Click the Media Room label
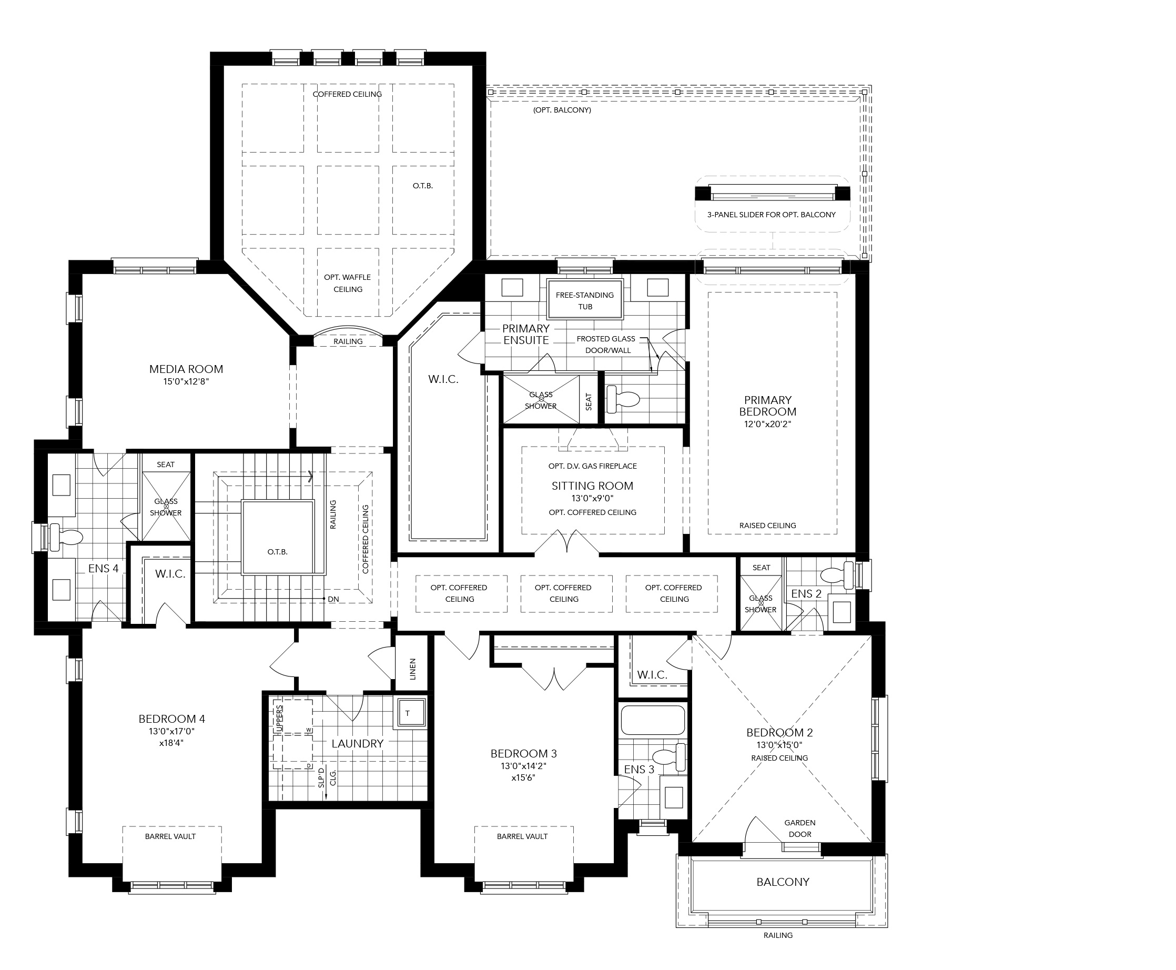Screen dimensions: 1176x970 tap(186, 369)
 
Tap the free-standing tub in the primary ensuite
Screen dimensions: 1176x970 tap(584, 299)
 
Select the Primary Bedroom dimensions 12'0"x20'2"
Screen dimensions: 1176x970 tap(768, 424)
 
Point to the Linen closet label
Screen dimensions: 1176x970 tap(413, 669)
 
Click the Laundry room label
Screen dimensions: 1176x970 tap(358, 744)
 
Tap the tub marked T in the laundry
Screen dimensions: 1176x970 tap(409, 713)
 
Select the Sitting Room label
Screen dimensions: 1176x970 tap(592, 486)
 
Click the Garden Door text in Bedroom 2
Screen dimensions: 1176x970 tap(799, 828)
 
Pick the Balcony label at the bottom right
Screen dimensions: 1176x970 tap(783, 882)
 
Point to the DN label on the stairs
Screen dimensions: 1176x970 tap(333, 599)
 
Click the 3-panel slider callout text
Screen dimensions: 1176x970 tap(772, 215)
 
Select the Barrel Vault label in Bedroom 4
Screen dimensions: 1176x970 tap(170, 836)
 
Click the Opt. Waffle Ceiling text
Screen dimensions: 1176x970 tap(348, 284)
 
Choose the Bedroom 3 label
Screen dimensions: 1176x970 tap(523, 754)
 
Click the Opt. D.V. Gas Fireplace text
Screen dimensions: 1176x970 tap(592, 466)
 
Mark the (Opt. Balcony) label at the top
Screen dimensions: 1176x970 tap(562, 110)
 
